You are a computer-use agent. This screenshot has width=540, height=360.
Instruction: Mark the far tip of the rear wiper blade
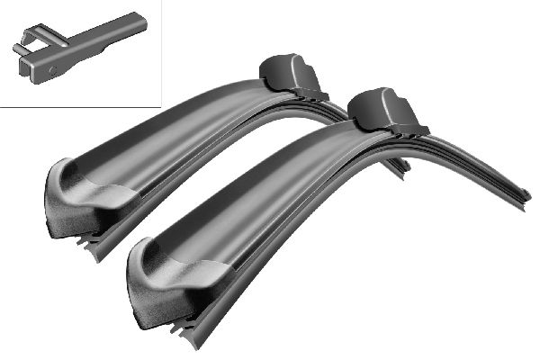(404, 166)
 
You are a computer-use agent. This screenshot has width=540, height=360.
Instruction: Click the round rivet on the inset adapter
(51, 67)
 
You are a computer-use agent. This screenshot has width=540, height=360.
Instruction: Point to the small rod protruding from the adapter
(15, 47)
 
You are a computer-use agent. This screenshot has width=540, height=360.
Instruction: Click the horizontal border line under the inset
(81, 107)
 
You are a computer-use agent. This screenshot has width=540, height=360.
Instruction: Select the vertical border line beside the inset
(160, 54)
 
